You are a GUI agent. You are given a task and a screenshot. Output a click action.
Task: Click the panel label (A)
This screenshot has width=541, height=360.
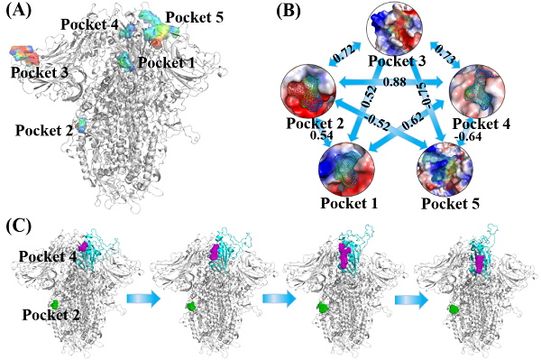click(19, 11)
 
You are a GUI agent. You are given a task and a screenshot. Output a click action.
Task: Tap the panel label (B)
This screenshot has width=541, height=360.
click(289, 11)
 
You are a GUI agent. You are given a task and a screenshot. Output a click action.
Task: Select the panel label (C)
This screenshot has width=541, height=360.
click(19, 226)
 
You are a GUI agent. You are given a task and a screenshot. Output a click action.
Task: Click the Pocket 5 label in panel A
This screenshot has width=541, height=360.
click(194, 17)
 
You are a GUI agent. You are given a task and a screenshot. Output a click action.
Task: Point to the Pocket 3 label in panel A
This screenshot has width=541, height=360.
click(40, 72)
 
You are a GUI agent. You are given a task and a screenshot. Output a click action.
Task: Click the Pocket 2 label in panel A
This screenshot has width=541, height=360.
click(44, 131)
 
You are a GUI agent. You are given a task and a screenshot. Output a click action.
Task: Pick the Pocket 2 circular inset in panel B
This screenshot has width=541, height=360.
click(308, 90)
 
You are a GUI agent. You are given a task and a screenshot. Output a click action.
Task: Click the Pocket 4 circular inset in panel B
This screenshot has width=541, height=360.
click(477, 91)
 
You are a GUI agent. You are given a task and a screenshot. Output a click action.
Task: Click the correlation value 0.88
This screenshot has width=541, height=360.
click(394, 82)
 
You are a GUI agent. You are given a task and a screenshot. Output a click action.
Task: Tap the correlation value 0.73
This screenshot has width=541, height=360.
click(445, 52)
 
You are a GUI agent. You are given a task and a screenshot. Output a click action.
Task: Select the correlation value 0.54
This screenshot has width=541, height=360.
click(321, 135)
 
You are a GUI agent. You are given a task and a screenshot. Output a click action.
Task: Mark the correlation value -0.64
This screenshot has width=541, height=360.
click(468, 136)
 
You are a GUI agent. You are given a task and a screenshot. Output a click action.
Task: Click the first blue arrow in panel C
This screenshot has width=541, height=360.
click(144, 299)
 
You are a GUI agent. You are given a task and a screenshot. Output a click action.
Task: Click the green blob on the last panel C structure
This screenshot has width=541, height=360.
click(454, 309)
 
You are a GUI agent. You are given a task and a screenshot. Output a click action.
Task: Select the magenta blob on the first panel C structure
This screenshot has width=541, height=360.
click(83, 247)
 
